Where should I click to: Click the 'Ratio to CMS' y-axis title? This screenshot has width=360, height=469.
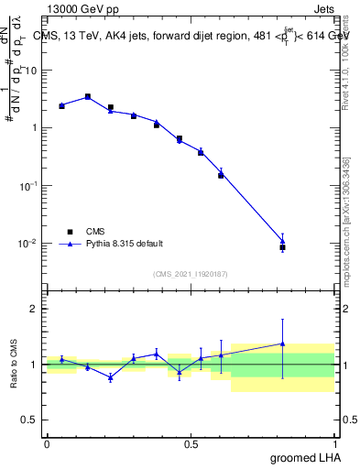point(14,365)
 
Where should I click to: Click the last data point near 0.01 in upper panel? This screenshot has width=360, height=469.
point(282,247)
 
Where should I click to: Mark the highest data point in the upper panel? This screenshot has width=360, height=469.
point(88,96)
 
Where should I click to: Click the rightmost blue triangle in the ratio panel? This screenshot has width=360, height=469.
point(282,344)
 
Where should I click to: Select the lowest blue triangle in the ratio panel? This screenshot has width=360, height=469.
point(111,377)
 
